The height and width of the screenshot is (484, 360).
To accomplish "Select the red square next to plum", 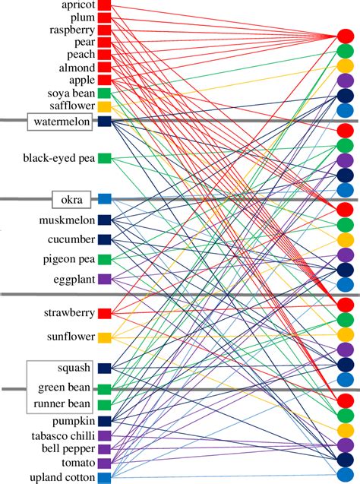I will (x=105, y=18).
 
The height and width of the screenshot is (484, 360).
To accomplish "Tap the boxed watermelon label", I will (x=62, y=121).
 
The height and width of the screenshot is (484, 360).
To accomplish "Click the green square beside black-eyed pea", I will (x=105, y=158).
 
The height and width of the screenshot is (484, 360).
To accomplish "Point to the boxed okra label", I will (x=71, y=199).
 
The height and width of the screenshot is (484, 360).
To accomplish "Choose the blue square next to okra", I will (x=105, y=199).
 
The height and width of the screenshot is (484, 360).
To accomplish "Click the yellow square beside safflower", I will (x=105, y=106).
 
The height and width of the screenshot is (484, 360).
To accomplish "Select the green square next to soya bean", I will (x=105, y=93).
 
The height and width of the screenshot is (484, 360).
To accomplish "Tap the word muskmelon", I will (x=66, y=220).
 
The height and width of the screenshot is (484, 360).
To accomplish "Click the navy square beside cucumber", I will (x=105, y=239).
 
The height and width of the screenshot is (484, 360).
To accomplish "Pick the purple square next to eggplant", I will (x=105, y=279).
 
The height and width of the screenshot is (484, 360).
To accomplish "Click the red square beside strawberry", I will (x=105, y=313).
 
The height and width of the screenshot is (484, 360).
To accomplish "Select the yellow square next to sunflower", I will (x=105, y=337).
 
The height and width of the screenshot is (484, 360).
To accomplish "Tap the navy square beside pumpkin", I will (x=105, y=420).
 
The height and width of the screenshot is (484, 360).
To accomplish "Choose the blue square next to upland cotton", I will (x=105, y=477).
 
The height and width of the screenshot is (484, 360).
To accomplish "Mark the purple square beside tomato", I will (x=105, y=463).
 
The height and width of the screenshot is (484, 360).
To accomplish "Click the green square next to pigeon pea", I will (x=105, y=259).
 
